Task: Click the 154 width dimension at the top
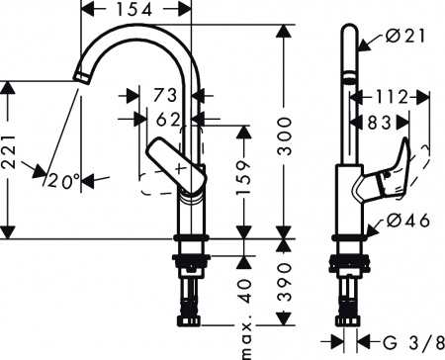pyautogui.click(x=142, y=10)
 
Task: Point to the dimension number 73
pyautogui.click(x=164, y=96)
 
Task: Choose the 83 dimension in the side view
pyautogui.click(x=377, y=123)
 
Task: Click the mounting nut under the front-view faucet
pyautogui.click(x=189, y=263)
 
